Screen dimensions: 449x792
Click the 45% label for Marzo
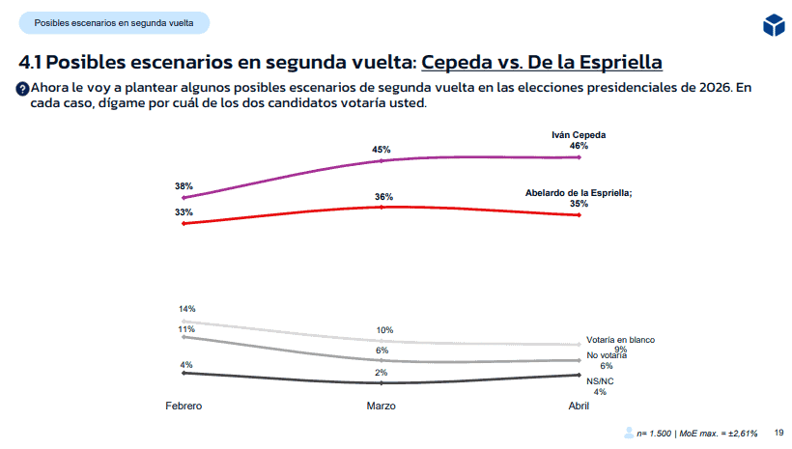click(x=381, y=150)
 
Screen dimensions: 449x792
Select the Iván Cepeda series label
click(x=578, y=134)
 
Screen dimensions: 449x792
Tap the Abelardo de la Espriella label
click(x=578, y=193)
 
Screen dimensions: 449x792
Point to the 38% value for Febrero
click(x=184, y=185)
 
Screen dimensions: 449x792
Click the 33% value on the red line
click(x=184, y=211)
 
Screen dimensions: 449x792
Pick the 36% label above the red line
click(x=383, y=196)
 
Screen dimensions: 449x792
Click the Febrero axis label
click(x=184, y=407)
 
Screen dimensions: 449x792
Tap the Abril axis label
click(x=578, y=407)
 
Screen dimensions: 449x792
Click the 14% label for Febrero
click(x=186, y=308)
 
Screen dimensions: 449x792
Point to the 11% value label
click(x=186, y=329)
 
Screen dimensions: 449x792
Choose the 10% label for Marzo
click(x=383, y=330)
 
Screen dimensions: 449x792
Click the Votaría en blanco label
click(x=620, y=340)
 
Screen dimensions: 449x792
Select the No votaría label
click(x=607, y=355)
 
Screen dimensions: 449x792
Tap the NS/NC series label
click(x=600, y=380)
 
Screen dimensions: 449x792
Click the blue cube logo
click(x=773, y=25)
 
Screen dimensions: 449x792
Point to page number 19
click(x=778, y=433)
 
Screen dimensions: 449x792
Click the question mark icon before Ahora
click(x=23, y=89)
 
